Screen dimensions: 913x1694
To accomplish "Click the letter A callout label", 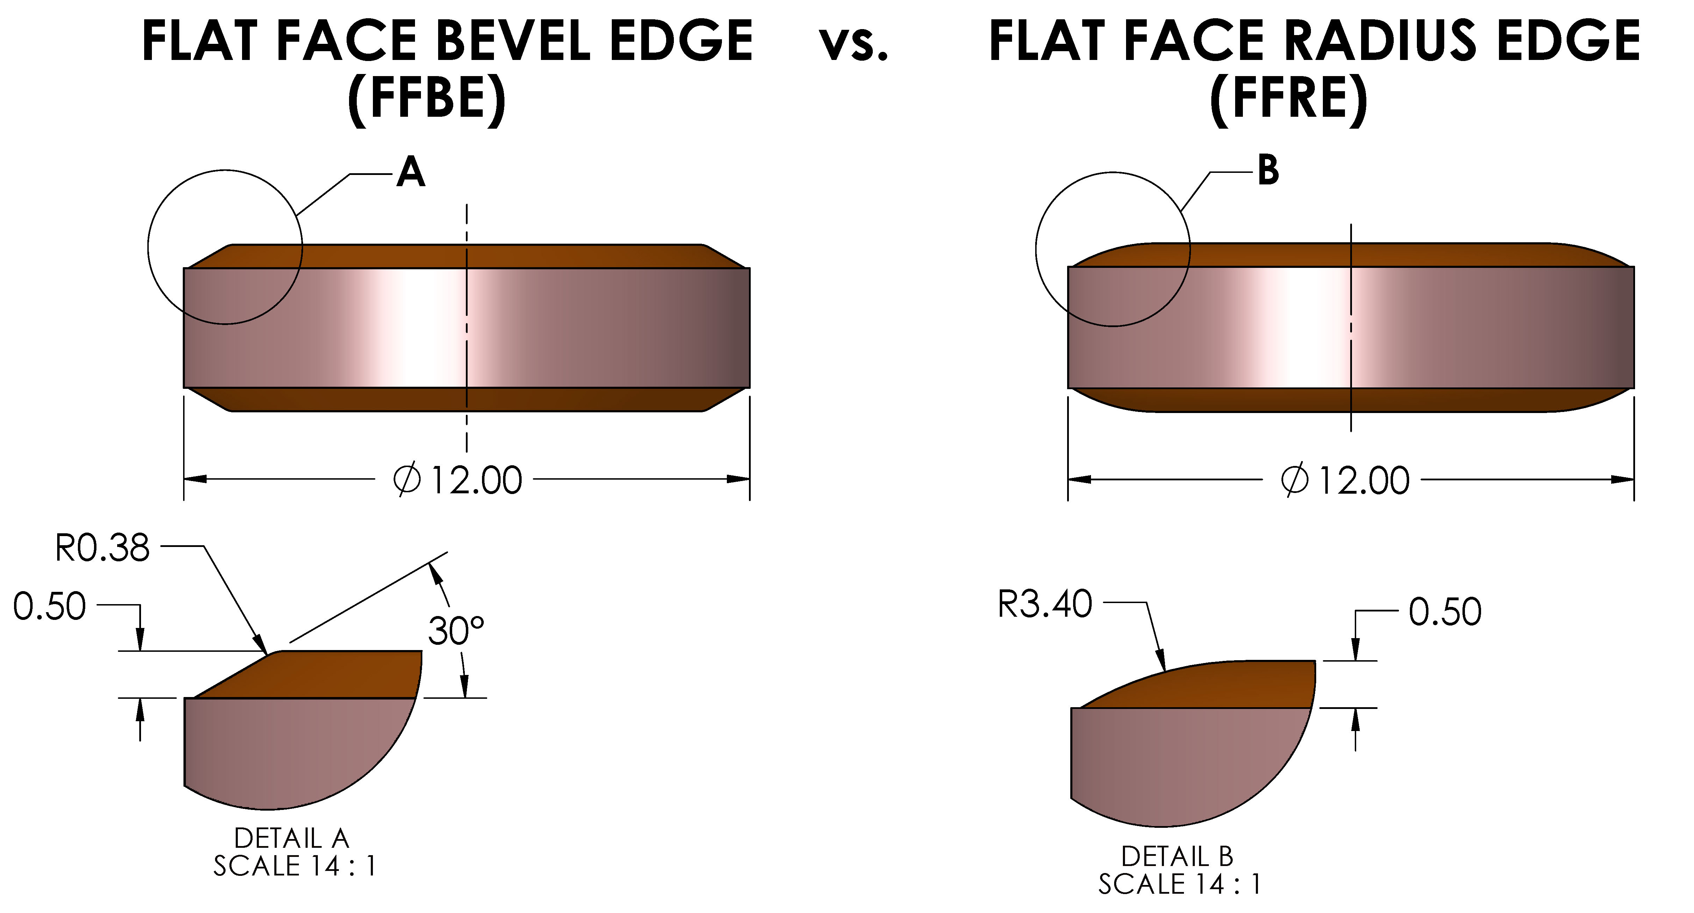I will (x=410, y=173).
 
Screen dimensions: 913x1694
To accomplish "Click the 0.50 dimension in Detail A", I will (x=50, y=607).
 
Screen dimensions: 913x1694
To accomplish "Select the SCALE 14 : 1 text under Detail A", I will (x=295, y=866).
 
